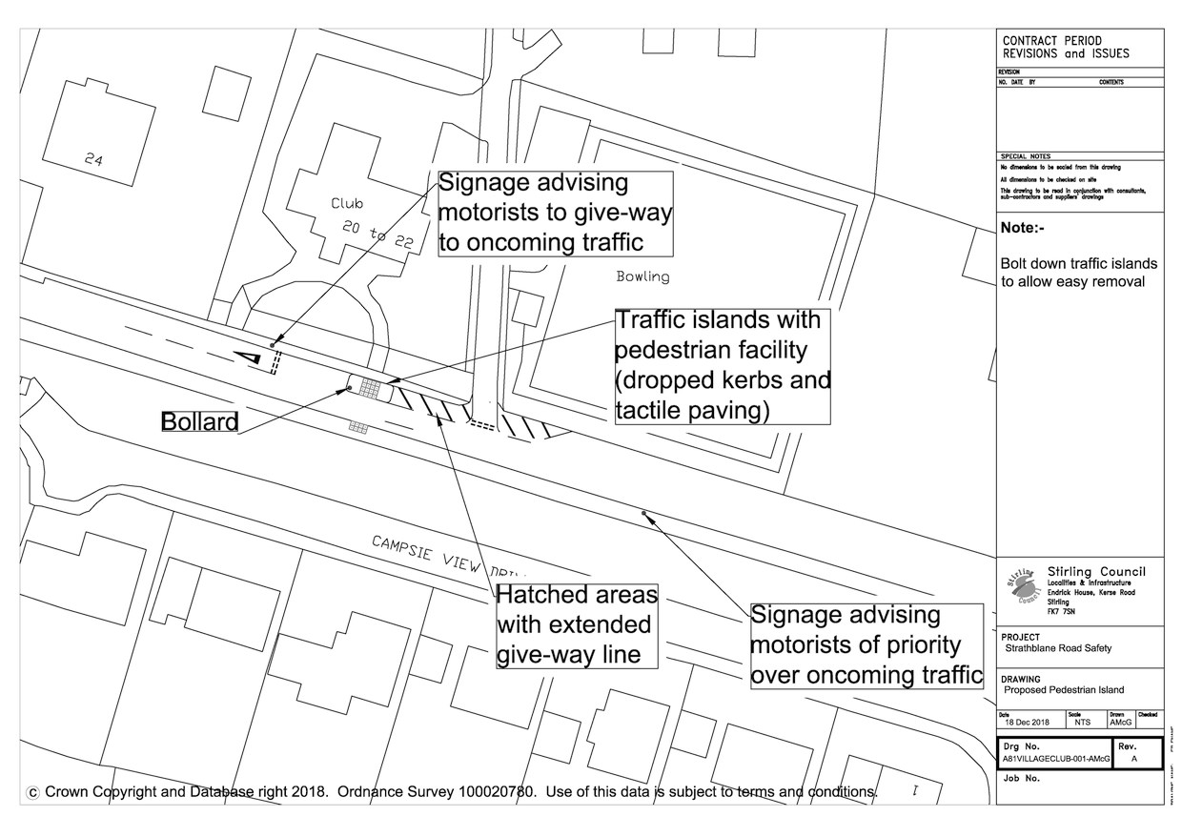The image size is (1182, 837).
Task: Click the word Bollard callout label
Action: [199, 421]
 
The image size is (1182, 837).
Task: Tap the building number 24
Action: [93, 160]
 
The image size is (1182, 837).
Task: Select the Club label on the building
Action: [347, 203]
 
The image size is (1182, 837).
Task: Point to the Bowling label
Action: [642, 277]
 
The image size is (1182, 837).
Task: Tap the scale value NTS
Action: [1082, 723]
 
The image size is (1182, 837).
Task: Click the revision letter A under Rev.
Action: [1133, 760]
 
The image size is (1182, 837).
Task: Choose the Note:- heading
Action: [1022, 229]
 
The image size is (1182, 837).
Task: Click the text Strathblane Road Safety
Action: [1058, 648]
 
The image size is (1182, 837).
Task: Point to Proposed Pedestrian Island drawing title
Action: [1064, 689]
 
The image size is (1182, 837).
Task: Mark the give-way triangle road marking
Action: [248, 357]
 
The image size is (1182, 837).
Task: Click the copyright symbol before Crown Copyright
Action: [34, 791]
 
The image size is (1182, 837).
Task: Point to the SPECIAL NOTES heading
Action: [1025, 156]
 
